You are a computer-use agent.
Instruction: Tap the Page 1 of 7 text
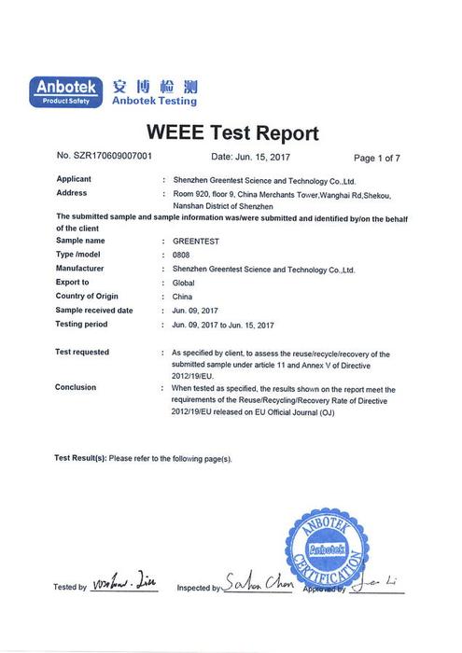(377, 158)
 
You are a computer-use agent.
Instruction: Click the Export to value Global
(184, 282)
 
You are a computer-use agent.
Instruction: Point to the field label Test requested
(82, 353)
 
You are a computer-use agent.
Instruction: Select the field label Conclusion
(76, 386)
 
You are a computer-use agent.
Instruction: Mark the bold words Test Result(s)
(80, 459)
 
